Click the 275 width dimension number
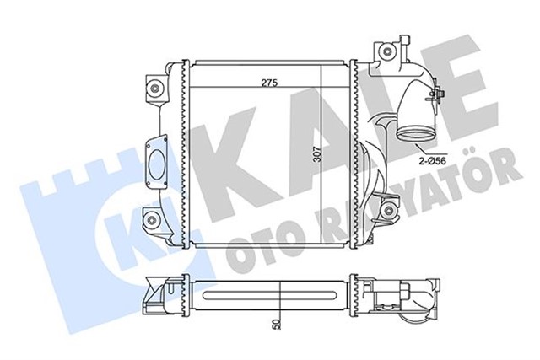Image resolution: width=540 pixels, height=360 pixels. [269, 83]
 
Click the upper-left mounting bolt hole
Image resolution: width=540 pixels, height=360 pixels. [155, 86]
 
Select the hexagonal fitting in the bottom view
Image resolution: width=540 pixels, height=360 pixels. [420, 296]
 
